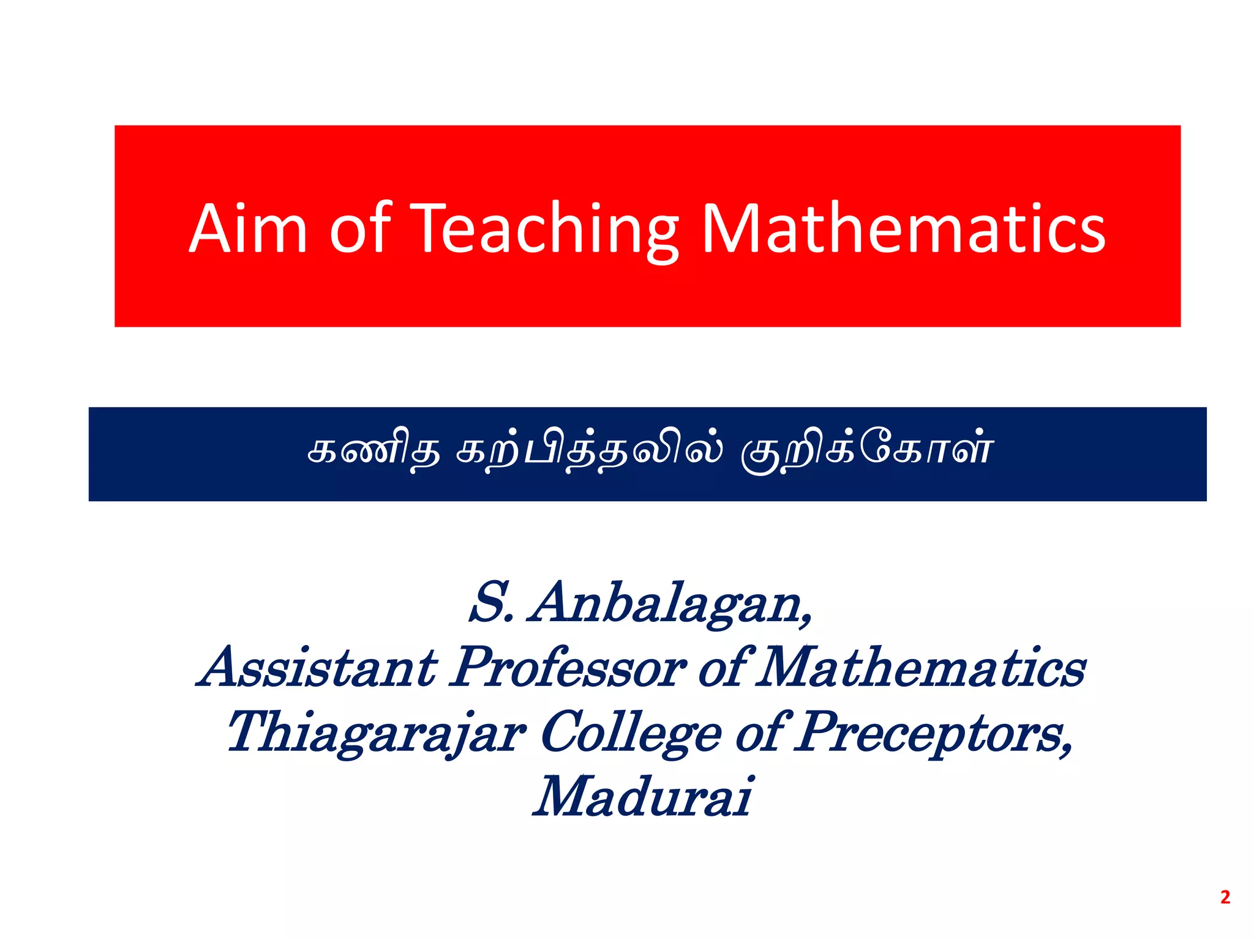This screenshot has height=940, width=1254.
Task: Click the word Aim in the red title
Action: tap(247, 228)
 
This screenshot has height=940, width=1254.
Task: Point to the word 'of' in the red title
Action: tap(360, 228)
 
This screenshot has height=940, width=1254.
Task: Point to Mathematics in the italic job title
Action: tap(921, 667)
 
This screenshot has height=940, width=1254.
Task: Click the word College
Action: tap(631, 733)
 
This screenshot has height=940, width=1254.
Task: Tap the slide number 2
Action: tap(1225, 897)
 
